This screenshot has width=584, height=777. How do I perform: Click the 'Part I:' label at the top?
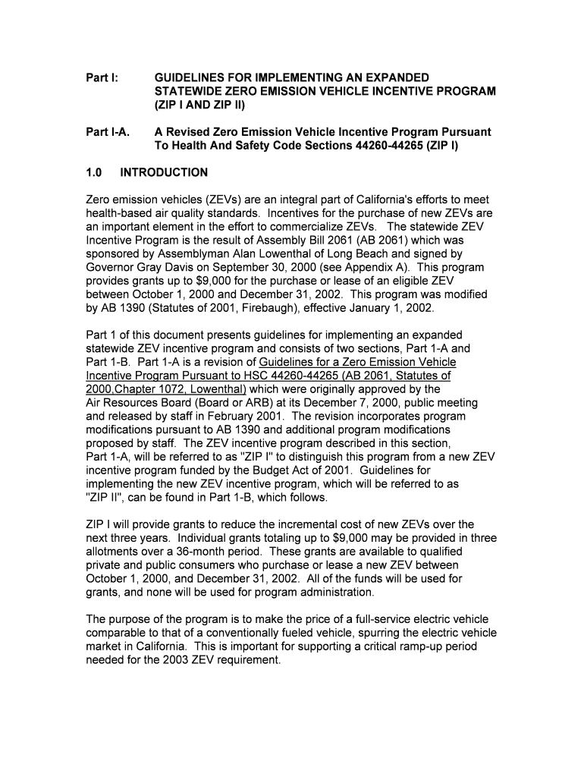click(x=99, y=77)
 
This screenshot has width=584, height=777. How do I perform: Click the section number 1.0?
click(x=94, y=172)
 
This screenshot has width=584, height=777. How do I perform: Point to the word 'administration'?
click(x=328, y=592)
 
